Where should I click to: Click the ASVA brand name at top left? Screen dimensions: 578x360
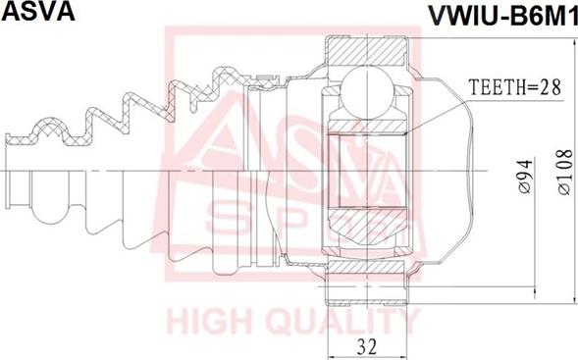[x=38, y=11]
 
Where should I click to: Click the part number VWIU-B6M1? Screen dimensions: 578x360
[x=501, y=16]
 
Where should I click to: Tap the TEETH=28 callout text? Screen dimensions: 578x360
[x=515, y=87]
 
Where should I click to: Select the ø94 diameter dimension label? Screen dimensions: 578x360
[x=525, y=177]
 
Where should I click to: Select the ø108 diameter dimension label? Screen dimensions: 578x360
[x=564, y=172]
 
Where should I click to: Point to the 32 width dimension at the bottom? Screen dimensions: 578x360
[x=367, y=346]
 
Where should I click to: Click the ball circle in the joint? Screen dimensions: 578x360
[x=367, y=90]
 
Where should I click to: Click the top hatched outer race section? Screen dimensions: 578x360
[x=367, y=51]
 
